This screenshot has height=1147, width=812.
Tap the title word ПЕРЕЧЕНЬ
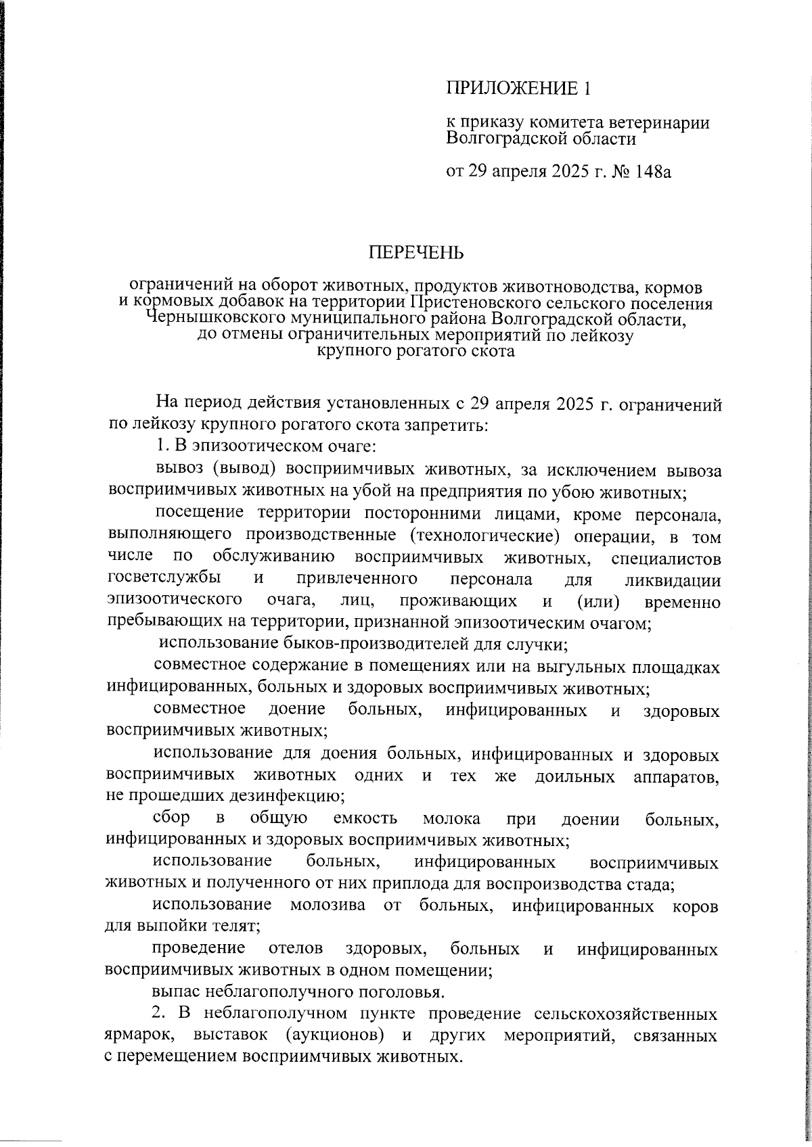[x=416, y=254]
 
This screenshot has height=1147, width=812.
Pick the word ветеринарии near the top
[x=653, y=123]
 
